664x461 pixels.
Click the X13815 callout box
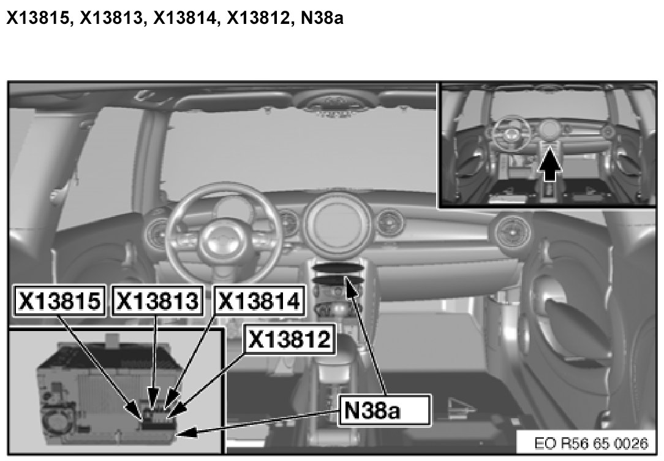click(x=59, y=300)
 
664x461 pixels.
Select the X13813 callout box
click(x=157, y=300)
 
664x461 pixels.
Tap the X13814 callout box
click(x=259, y=300)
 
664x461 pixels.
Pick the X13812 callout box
click(x=290, y=339)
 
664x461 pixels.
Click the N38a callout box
click(x=385, y=410)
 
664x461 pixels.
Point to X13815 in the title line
click(x=38, y=18)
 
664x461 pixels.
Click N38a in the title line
click(x=322, y=18)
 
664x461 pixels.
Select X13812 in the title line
click(x=258, y=18)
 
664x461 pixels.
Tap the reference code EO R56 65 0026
click(x=591, y=443)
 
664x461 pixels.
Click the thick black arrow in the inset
click(x=549, y=164)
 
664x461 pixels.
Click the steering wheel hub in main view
click(x=223, y=241)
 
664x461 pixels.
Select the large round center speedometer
click(x=337, y=223)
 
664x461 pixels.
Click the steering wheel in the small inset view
click(x=512, y=133)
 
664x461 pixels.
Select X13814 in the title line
click(x=184, y=18)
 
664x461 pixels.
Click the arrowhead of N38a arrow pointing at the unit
click(x=186, y=432)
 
